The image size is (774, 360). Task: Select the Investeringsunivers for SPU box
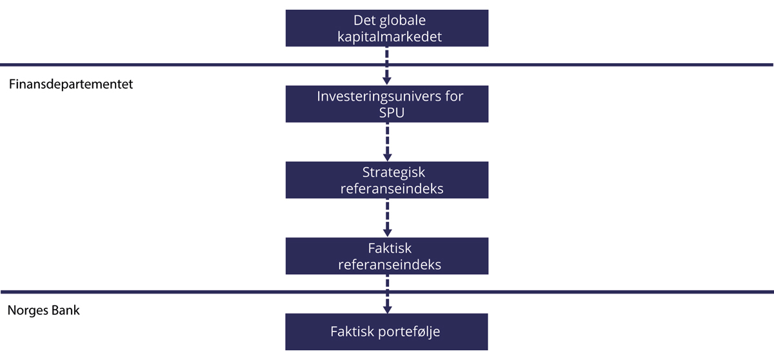coord(387,104)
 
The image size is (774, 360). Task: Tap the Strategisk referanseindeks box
coord(387,180)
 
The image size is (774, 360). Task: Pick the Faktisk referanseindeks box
coord(387,256)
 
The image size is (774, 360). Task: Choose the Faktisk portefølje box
coord(387,332)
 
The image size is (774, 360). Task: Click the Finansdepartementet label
coord(71,84)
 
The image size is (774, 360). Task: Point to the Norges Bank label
coord(43,311)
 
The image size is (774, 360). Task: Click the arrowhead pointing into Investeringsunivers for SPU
coord(387,81)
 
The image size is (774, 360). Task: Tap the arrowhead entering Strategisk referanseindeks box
coord(387,157)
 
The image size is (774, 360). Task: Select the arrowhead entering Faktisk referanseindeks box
coord(387,233)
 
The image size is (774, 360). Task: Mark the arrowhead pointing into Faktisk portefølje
coord(387,308)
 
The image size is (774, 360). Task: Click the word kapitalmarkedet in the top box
coord(390,37)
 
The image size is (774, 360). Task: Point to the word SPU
coord(390,112)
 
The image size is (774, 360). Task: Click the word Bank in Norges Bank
coord(66,311)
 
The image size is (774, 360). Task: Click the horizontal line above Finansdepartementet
coord(193,65)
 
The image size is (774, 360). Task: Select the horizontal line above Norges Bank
coord(193,292)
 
